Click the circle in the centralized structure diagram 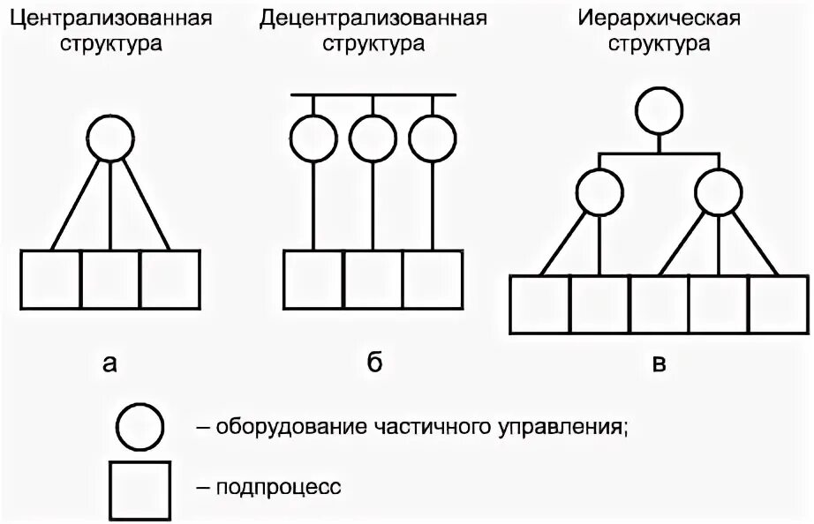(x=110, y=139)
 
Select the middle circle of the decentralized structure (x=373, y=139)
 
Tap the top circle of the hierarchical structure (x=659, y=110)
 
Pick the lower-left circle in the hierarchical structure (x=600, y=191)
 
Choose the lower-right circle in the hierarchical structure (x=719, y=191)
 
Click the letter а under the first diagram (x=109, y=363)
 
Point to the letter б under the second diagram (x=374, y=363)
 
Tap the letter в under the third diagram (x=659, y=363)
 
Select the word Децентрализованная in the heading (x=373, y=19)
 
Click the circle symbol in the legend (x=139, y=427)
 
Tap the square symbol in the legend (x=139, y=488)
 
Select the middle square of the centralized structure (x=110, y=281)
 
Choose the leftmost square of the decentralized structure (x=314, y=281)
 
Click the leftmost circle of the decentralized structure (x=315, y=139)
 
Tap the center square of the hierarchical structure (x=659, y=305)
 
